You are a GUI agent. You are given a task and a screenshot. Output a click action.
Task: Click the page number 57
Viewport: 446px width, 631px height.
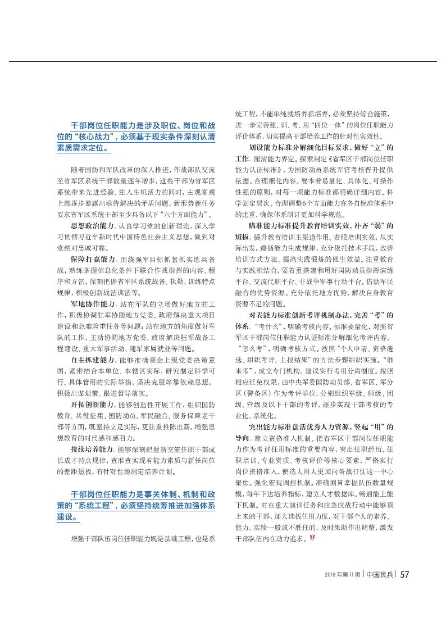(403, 574)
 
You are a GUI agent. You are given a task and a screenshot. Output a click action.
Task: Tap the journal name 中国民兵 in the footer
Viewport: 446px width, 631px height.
(379, 574)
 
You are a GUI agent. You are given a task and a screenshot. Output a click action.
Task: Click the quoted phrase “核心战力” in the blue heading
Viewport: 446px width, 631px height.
(91, 137)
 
